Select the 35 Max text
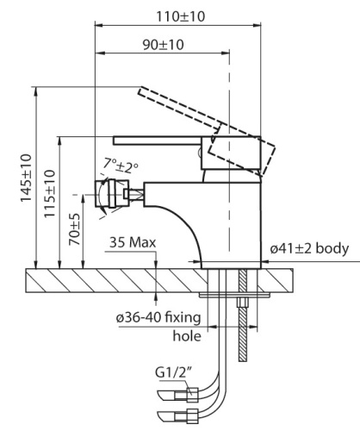tap(133, 243)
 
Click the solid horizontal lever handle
tap(159, 140)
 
